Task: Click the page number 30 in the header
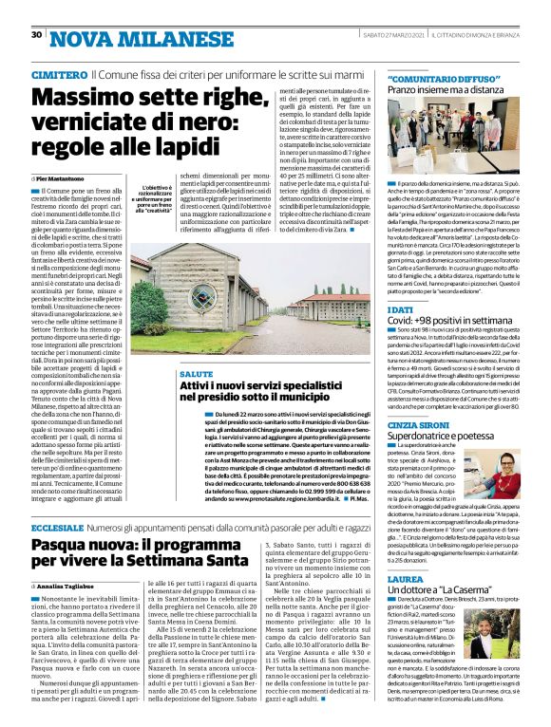click(36, 34)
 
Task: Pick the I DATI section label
click(401, 309)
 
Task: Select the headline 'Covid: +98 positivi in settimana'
click(451, 324)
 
